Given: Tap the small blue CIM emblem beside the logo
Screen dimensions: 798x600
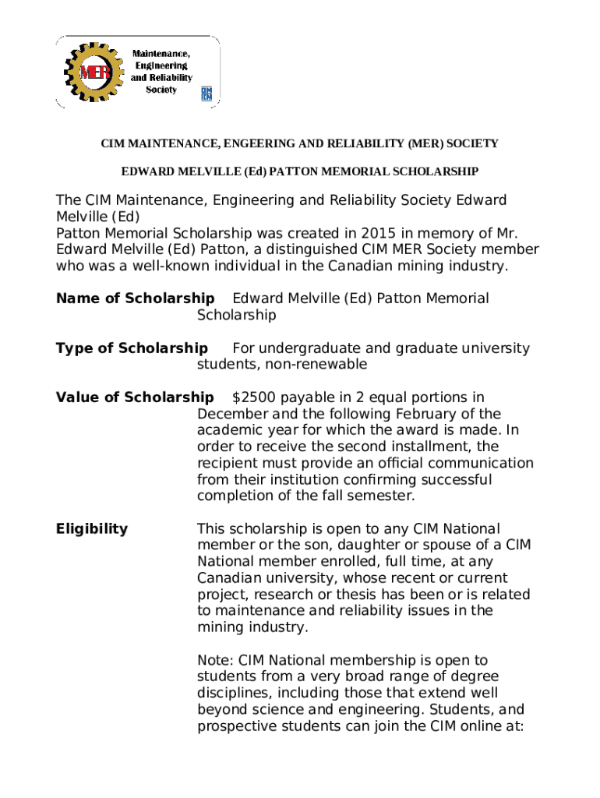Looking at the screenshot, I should pos(206,94).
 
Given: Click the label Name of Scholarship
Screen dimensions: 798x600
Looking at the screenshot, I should pos(136,298).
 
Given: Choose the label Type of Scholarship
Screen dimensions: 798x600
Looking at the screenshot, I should pos(132,348).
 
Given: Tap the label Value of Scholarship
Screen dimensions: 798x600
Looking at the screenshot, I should pos(135,398).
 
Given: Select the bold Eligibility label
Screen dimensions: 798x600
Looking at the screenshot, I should pos(92,529).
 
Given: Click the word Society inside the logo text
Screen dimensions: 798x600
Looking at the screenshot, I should pos(161,90).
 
